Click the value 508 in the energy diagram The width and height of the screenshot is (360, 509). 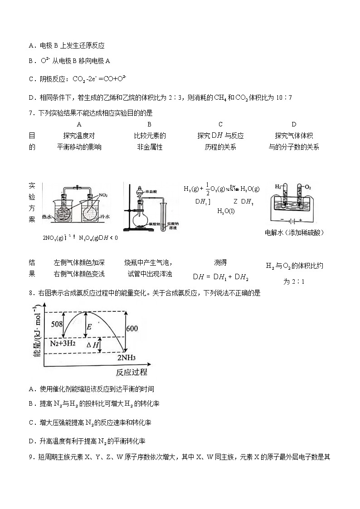point(57,324)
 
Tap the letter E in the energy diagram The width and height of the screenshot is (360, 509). point(89,327)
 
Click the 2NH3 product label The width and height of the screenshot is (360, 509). point(127,358)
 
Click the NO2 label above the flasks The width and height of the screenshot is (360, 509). point(103,195)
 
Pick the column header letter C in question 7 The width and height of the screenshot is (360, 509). point(220,124)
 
